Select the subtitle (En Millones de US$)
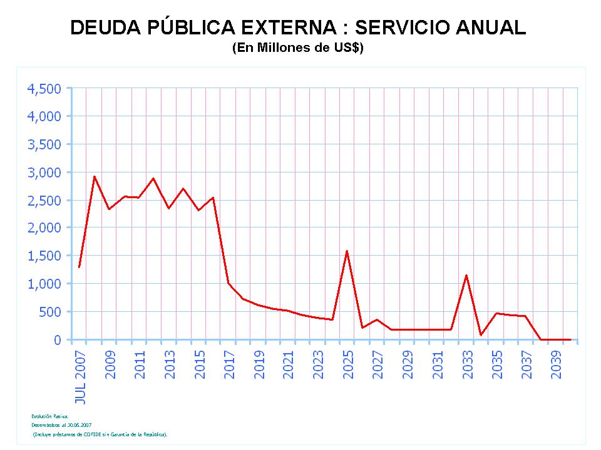tap(298, 49)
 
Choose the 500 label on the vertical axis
tap(51, 312)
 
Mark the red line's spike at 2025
tap(347, 251)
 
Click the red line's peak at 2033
tap(466, 276)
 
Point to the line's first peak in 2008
tap(94, 177)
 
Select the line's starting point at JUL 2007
tap(79, 267)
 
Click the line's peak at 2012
tap(153, 178)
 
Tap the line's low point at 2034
tap(481, 335)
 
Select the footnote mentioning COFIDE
tap(100, 433)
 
